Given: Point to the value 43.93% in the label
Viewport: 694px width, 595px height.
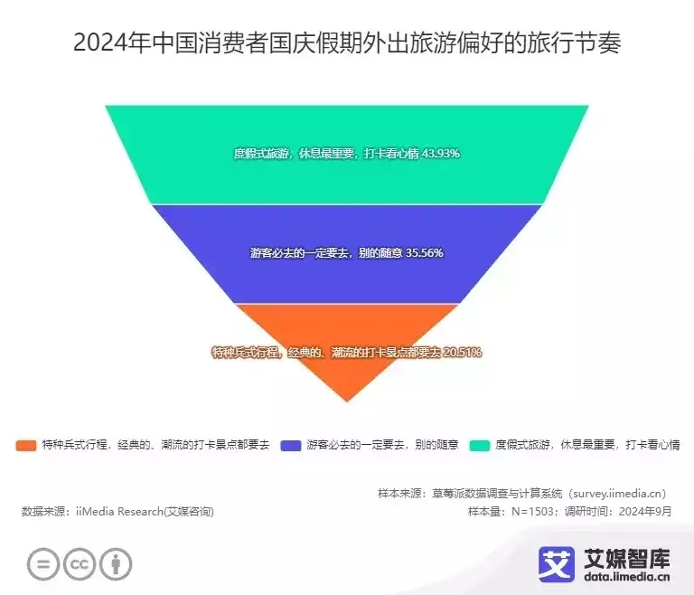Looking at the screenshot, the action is [x=441, y=154].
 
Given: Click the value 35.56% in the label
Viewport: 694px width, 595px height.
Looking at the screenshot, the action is [x=425, y=252].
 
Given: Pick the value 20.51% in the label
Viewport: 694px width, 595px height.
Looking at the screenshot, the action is [x=462, y=353].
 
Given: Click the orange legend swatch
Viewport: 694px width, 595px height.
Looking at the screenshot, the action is [x=26, y=445].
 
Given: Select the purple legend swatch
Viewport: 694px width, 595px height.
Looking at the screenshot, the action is [x=291, y=445].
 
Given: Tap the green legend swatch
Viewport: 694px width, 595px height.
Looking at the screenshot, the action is [x=480, y=445].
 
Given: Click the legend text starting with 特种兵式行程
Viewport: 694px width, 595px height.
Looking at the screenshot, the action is [x=155, y=444].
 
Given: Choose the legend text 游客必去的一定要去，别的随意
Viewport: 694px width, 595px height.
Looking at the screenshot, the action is [x=383, y=444].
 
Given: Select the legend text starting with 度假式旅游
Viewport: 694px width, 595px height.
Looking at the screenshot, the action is [x=587, y=444].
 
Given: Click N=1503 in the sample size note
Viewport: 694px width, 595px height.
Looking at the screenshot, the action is [x=532, y=511].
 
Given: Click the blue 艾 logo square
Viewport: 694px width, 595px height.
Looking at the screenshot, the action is [x=557, y=564].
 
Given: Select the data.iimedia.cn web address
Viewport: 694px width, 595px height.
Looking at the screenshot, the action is [x=627, y=576].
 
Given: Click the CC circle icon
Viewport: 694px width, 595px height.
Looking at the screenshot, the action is [x=80, y=564].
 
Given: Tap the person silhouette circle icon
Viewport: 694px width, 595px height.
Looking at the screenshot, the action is [x=116, y=564].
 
